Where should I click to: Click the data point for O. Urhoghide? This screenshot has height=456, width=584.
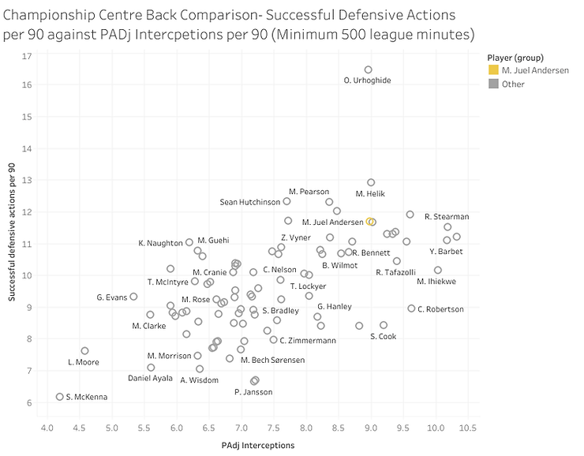(x=368, y=69)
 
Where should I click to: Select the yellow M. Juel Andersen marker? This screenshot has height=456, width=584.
(x=372, y=222)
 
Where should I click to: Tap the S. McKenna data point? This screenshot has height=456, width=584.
(x=60, y=397)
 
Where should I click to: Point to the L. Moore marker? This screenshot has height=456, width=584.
(x=84, y=350)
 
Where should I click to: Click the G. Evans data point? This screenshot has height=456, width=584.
(x=133, y=297)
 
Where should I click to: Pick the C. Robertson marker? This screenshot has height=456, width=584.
(x=411, y=308)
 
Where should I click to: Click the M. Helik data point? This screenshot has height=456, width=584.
(x=371, y=182)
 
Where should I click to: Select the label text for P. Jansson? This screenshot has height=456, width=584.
(x=254, y=392)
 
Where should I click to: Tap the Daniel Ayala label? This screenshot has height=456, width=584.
(x=150, y=379)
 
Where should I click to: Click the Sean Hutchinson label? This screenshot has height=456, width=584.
(x=250, y=202)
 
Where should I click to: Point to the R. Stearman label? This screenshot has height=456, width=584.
(x=447, y=216)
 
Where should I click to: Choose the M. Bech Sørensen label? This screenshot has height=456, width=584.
(x=273, y=360)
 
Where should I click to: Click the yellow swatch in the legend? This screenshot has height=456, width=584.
(x=494, y=71)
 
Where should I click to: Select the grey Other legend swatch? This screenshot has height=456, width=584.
(x=494, y=84)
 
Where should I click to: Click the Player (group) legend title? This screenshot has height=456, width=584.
(x=515, y=57)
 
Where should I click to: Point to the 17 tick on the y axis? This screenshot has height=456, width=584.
(x=27, y=57)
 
